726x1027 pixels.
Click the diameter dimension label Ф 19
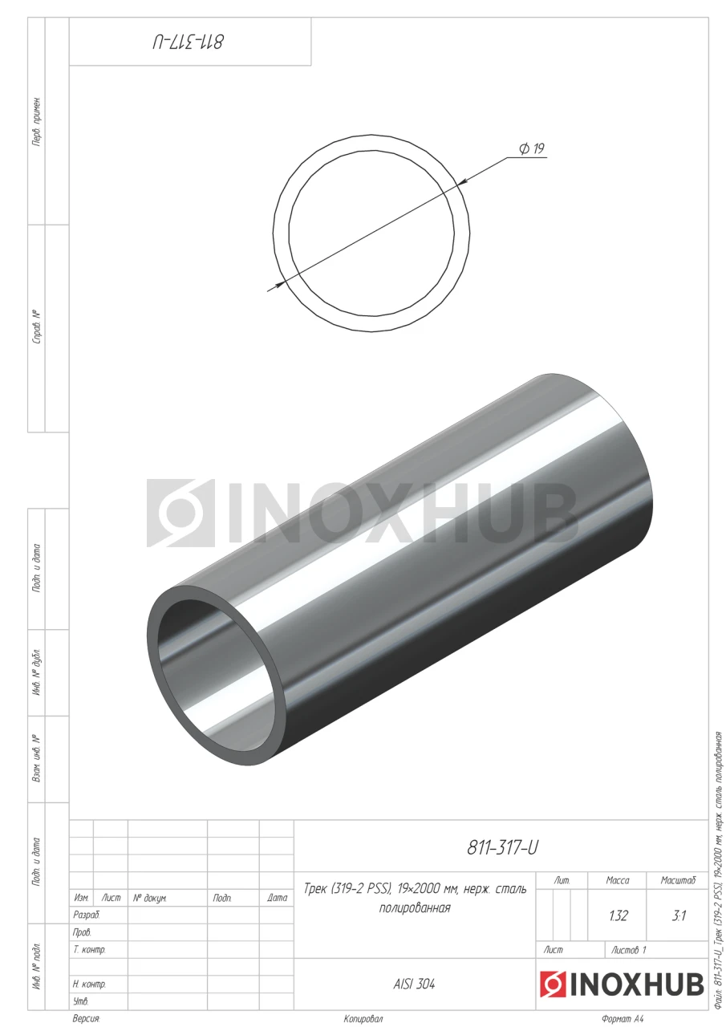[531, 148]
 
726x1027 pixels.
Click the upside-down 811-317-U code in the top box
[188, 43]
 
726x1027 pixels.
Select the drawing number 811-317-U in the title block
[502, 848]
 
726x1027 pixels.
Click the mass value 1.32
[618, 915]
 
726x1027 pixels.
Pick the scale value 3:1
[679, 915]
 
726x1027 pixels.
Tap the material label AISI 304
[414, 984]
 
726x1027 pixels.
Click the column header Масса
[618, 880]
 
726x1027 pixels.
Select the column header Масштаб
[678, 880]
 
